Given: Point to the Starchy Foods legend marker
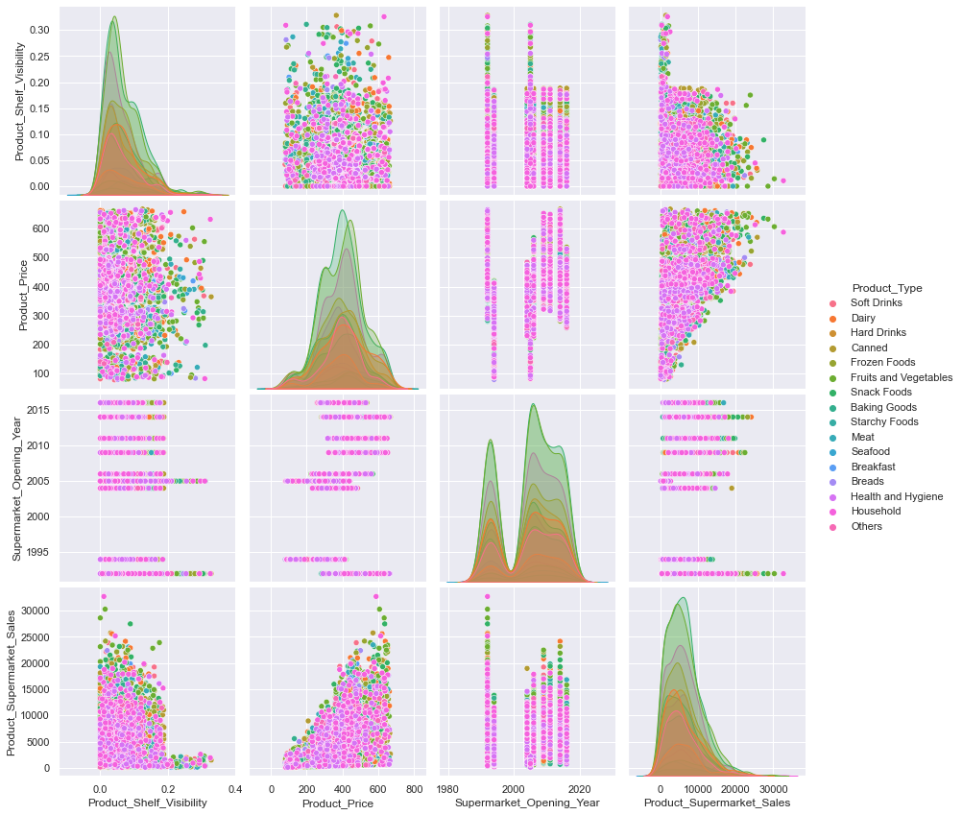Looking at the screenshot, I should click(833, 422).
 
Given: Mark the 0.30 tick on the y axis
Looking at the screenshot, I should click(41, 30).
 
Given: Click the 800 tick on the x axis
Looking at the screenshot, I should click(415, 788).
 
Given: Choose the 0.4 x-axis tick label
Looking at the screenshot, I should click(235, 788).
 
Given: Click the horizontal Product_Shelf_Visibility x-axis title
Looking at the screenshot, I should click(147, 803).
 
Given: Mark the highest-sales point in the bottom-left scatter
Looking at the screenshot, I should click(104, 596).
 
